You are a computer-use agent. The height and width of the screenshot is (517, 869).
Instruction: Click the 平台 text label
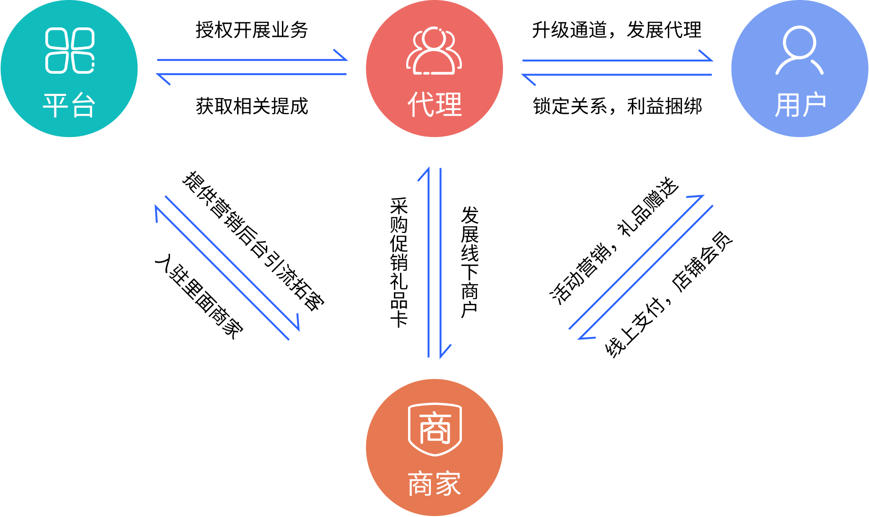[x=69, y=105]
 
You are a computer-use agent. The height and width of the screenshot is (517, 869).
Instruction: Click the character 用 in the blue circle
[x=787, y=105]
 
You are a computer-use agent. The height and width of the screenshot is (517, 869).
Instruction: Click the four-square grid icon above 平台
[x=70, y=51]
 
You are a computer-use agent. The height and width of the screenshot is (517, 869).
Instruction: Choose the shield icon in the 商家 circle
[x=434, y=429]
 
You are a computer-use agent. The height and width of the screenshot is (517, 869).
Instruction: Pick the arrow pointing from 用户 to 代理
[x=618, y=75]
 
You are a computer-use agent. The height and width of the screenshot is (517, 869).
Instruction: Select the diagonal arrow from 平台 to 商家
[x=232, y=262]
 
